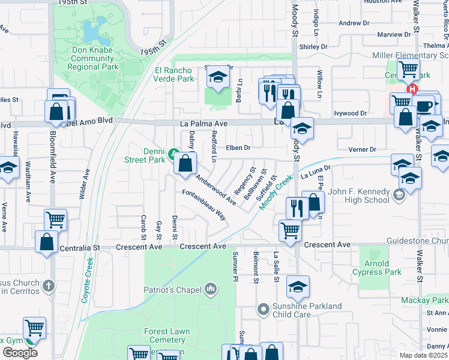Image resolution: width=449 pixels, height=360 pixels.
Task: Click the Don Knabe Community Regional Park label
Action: tap(92, 58)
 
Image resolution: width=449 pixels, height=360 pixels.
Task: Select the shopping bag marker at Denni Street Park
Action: tap(185, 163)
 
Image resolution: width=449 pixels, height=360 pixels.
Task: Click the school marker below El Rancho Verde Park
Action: tap(217, 77)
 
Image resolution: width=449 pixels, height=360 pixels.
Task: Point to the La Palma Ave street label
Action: tap(204, 123)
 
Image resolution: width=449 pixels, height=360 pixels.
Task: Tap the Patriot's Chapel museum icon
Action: tap(210, 290)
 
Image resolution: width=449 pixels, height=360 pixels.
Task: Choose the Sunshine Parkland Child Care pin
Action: tap(263, 310)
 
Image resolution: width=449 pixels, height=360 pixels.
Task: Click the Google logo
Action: tap(20, 353)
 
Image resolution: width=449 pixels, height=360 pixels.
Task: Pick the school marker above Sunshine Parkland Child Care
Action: tap(297, 287)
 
